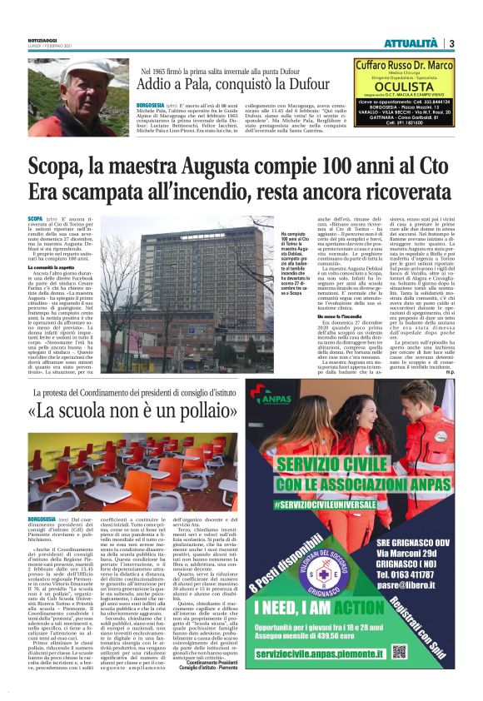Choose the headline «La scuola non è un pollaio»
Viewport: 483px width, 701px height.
[x=128, y=412]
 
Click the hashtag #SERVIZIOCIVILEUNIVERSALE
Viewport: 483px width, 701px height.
[x=340, y=505]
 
